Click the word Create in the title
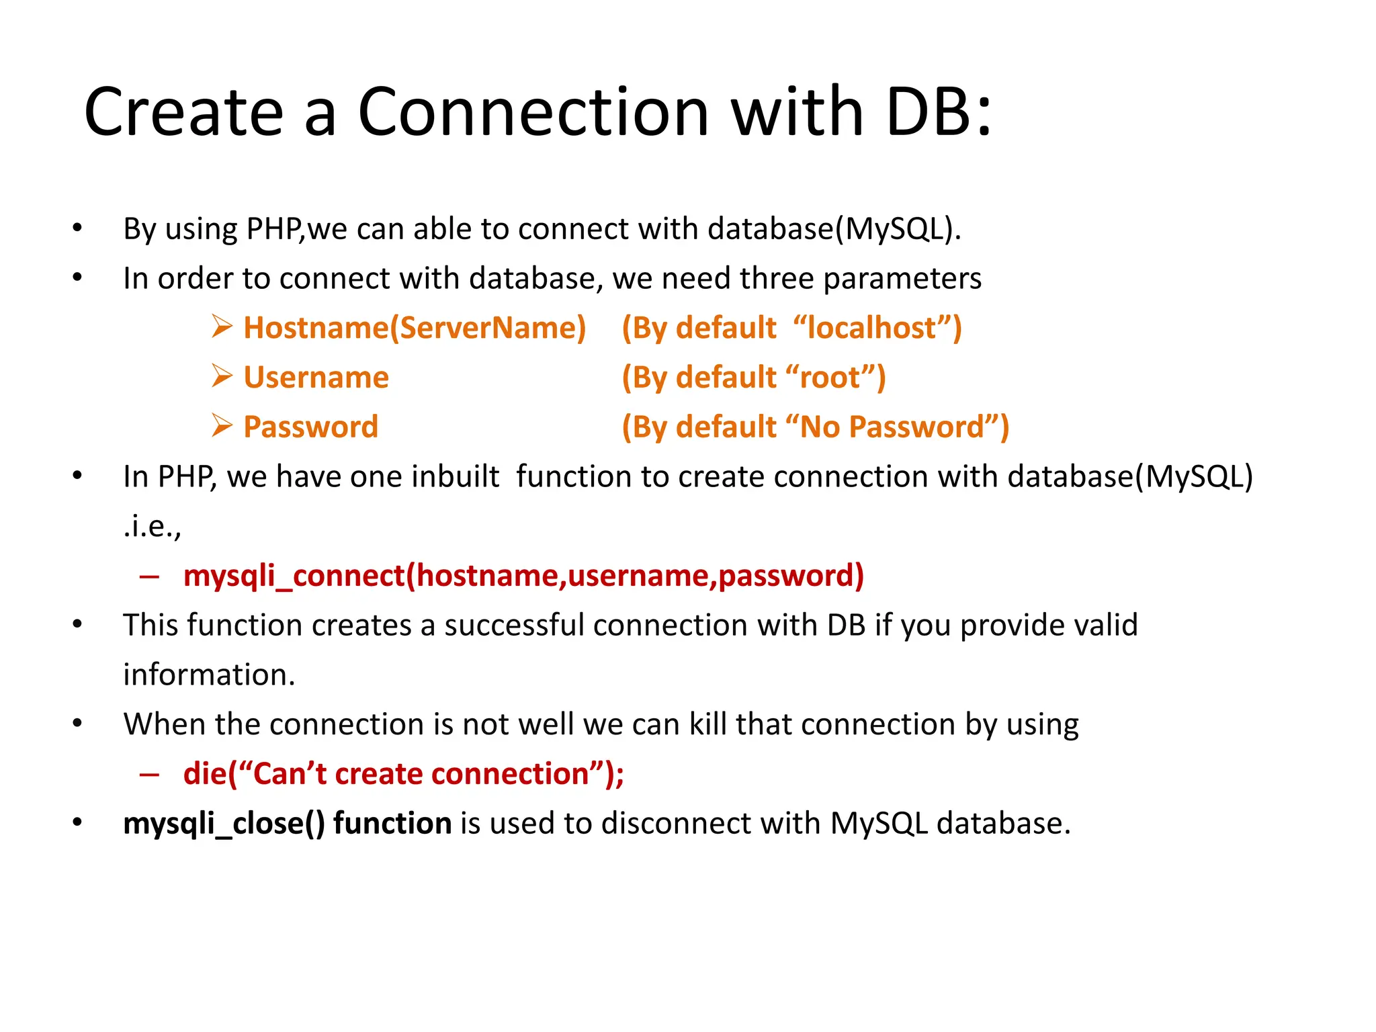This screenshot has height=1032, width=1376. click(183, 112)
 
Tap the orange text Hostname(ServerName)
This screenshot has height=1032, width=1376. click(414, 328)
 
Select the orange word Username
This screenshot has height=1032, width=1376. click(316, 378)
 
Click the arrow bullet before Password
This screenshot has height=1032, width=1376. click(222, 426)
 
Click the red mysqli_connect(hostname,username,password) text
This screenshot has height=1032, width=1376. click(523, 576)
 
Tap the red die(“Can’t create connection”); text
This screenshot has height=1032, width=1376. click(403, 774)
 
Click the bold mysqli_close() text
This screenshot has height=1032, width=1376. click(224, 824)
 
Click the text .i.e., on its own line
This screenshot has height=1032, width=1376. click(153, 527)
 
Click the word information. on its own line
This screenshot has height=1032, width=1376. click(209, 675)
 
